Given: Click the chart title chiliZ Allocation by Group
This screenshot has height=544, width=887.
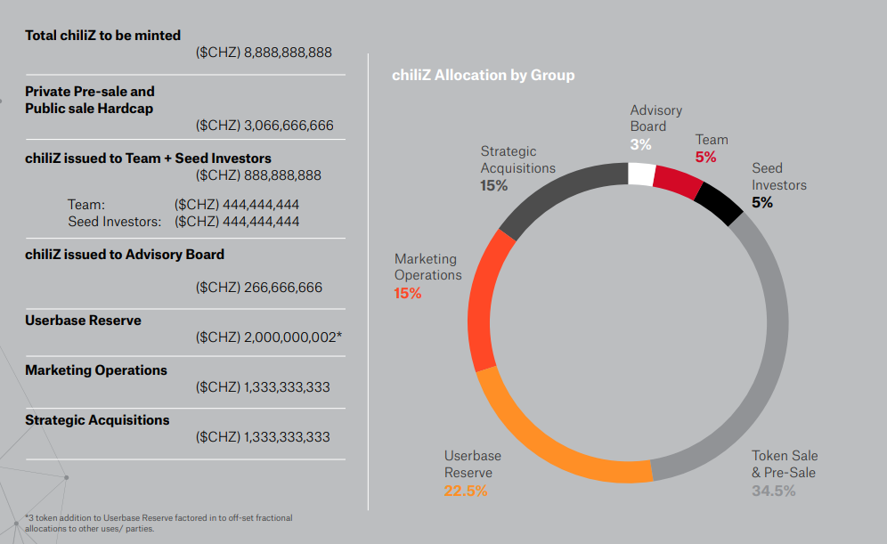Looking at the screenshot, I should pyautogui.click(x=483, y=75).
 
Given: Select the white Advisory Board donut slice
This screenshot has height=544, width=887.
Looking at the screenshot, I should pyautogui.click(x=641, y=173).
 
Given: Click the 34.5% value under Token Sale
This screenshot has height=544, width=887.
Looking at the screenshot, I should pyautogui.click(x=773, y=491).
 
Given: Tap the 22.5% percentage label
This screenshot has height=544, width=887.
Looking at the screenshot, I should pyautogui.click(x=466, y=491).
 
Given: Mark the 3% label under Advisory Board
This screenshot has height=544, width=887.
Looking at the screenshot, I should pyautogui.click(x=640, y=143).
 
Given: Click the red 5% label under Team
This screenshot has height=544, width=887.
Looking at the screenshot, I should pyautogui.click(x=705, y=157).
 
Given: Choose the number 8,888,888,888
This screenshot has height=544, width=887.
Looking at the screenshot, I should pyautogui.click(x=288, y=53).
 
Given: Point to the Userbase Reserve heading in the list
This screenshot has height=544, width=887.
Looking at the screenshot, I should pyautogui.click(x=83, y=320).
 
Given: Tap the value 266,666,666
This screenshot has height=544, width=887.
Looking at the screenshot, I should pyautogui.click(x=282, y=288).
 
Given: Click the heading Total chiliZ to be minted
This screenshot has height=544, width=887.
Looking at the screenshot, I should pyautogui.click(x=102, y=36).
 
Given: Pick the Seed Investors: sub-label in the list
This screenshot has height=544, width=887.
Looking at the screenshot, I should pyautogui.click(x=115, y=221).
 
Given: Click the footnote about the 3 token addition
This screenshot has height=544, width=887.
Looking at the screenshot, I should pyautogui.click(x=158, y=523).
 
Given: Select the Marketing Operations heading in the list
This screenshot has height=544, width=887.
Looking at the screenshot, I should pyautogui.click(x=96, y=369).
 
